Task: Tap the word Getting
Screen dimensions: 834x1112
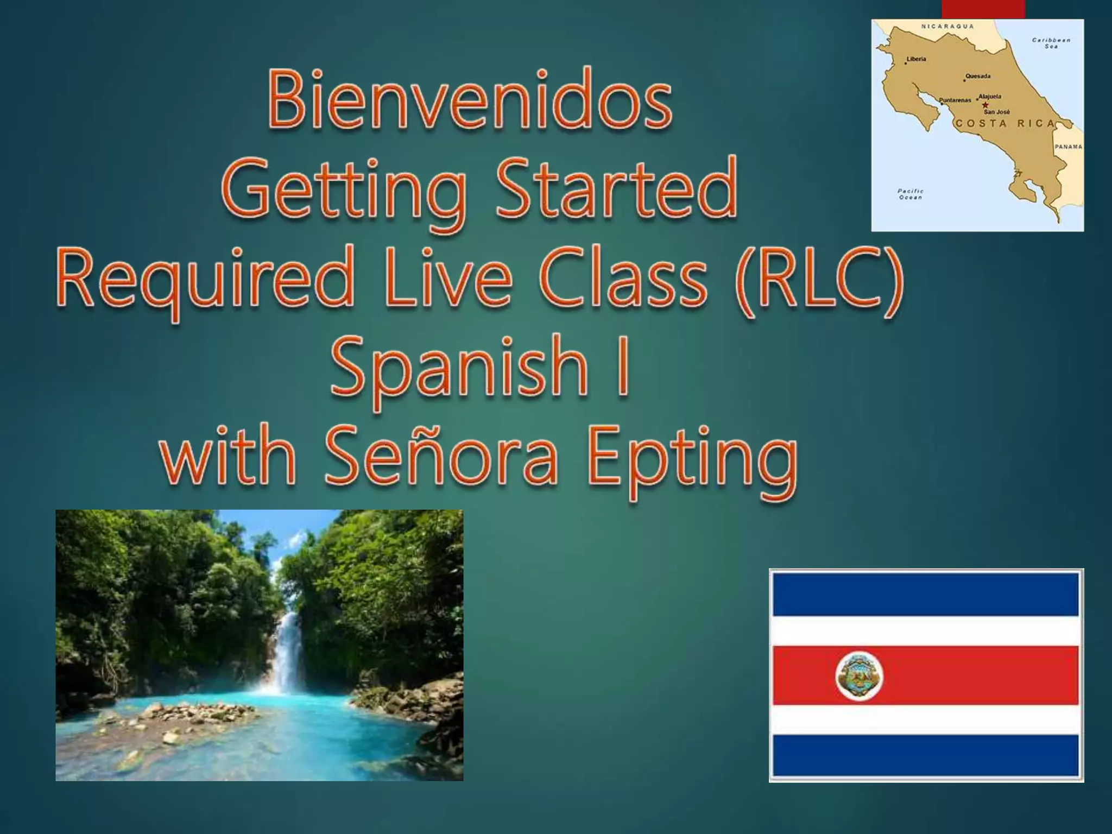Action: click(344, 190)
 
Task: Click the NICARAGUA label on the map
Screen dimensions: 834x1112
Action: click(947, 27)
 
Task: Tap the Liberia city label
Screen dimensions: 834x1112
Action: click(916, 59)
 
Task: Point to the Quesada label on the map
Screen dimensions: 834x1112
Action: click(977, 76)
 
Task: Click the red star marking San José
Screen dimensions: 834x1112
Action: click(985, 105)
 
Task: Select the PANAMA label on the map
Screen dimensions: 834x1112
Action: click(1068, 147)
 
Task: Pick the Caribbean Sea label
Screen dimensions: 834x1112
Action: click(1051, 43)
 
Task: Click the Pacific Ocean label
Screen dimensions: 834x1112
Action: click(911, 194)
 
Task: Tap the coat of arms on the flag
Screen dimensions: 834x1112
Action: click(859, 677)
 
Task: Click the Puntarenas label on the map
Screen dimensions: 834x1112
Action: click(955, 100)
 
